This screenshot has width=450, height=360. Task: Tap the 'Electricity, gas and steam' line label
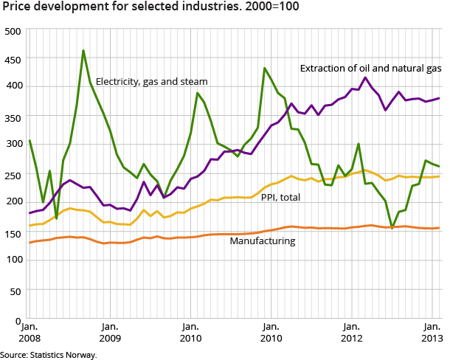tap(151, 80)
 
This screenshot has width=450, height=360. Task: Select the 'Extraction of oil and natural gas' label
tap(370, 68)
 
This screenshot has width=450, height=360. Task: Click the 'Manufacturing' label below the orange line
tap(263, 240)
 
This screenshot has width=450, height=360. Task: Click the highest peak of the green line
tap(83, 51)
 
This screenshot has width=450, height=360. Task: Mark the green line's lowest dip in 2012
tap(392, 227)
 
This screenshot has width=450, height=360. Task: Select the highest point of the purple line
tap(365, 77)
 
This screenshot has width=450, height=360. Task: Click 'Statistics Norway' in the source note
tap(64, 355)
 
